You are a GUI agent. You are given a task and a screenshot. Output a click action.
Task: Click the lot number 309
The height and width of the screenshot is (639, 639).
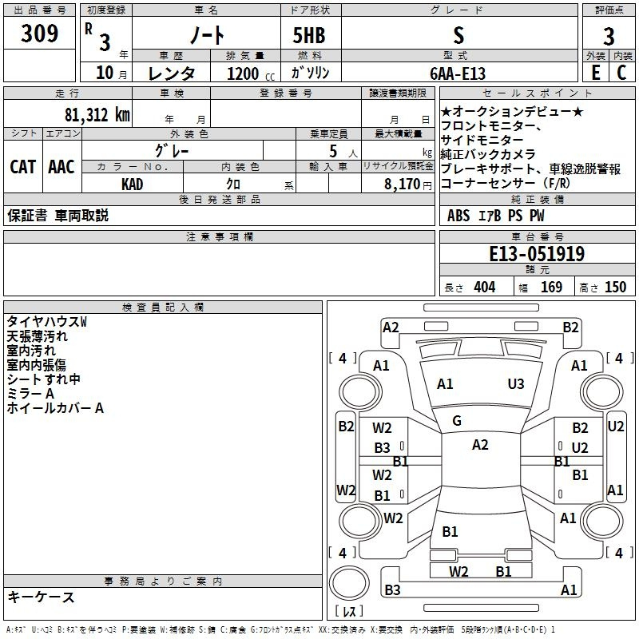click(x=39, y=33)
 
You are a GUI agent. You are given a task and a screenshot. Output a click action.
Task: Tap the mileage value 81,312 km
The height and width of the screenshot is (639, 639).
click(x=97, y=114)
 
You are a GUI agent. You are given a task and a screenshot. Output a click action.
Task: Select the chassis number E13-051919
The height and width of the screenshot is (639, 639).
click(x=537, y=254)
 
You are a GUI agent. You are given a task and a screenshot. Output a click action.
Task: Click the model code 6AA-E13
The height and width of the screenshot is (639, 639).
click(x=458, y=73)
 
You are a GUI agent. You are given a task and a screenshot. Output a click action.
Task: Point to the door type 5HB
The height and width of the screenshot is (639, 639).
click(x=309, y=35)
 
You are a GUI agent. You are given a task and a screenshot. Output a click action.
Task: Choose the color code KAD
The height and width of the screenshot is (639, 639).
click(x=132, y=185)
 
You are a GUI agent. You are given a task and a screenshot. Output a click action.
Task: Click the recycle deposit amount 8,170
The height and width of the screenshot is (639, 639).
click(x=402, y=185)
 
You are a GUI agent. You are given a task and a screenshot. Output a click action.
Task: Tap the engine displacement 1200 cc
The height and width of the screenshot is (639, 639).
click(x=251, y=73)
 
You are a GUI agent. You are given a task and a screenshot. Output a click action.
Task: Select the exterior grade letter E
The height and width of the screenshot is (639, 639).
click(x=595, y=73)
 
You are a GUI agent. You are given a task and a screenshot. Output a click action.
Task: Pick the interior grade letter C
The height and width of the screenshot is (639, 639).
click(x=621, y=73)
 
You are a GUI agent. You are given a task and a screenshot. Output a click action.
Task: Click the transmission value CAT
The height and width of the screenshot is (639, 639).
click(x=23, y=167)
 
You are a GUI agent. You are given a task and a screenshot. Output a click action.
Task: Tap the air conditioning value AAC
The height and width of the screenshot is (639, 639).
click(x=62, y=167)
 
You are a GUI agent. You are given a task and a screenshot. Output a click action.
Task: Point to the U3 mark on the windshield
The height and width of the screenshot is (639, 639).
click(x=515, y=384)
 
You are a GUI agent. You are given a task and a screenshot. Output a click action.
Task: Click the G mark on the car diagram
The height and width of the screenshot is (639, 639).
click(x=457, y=421)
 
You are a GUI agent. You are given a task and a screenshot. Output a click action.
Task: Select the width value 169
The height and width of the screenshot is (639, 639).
click(x=551, y=287)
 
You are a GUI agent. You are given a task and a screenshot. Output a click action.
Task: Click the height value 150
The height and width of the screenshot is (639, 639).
click(x=615, y=287)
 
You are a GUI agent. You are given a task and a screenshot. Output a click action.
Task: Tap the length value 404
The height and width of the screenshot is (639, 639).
click(x=485, y=287)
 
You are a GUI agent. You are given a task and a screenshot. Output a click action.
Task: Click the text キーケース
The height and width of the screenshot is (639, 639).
click(x=41, y=597)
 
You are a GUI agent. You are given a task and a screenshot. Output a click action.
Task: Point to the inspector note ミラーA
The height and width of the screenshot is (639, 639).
click(x=30, y=394)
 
